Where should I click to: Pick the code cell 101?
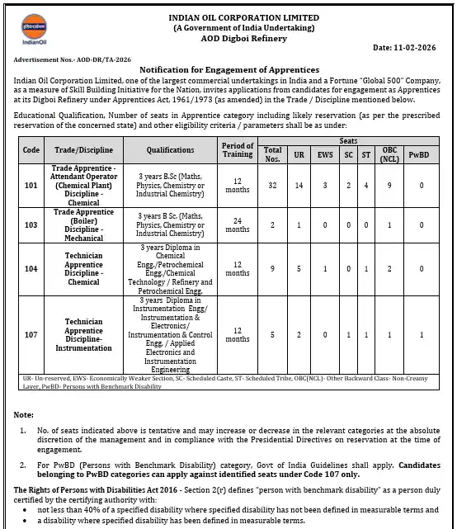click(x=31, y=186)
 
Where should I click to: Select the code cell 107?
click(x=31, y=334)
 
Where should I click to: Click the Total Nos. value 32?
click(x=272, y=186)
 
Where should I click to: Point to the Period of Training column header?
click(x=238, y=150)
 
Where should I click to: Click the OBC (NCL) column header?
click(x=389, y=155)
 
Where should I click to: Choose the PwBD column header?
click(x=421, y=155)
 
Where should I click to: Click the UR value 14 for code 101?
click(x=302, y=186)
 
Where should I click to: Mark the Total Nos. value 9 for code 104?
click(x=272, y=268)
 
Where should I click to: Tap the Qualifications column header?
click(x=171, y=150)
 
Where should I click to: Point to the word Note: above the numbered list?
click(x=24, y=413)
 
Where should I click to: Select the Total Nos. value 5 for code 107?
click(x=272, y=334)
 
